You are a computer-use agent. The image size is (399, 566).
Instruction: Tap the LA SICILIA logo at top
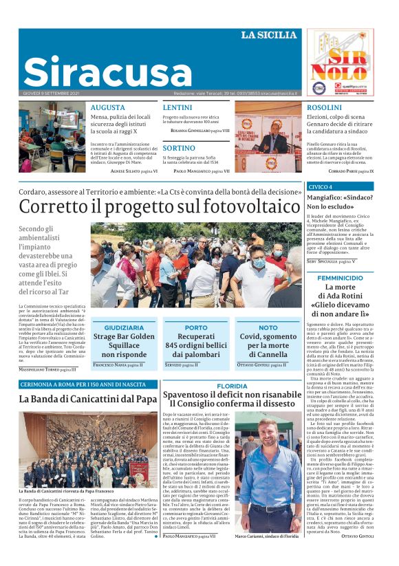point(270,34)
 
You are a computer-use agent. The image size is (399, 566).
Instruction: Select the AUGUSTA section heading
point(107,108)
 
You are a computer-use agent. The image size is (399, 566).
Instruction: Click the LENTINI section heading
point(177,108)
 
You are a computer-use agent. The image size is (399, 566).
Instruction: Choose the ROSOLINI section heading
point(324,108)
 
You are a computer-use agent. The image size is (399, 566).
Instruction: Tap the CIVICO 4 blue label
point(321,187)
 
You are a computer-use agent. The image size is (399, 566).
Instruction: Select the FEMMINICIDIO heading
point(340,278)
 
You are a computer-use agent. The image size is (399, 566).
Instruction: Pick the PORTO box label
point(196,328)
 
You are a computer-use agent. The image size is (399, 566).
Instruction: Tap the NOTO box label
point(268,328)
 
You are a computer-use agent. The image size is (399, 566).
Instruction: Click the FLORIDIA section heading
point(232,387)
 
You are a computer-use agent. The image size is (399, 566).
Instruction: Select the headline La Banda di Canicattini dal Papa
point(88,399)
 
